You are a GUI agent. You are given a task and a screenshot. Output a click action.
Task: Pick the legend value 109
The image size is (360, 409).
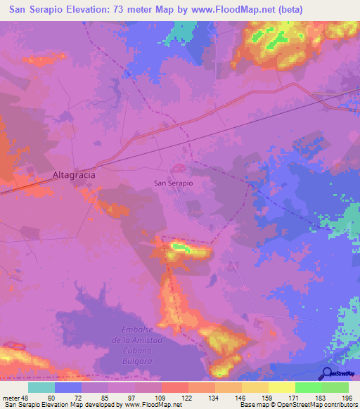(160, 398)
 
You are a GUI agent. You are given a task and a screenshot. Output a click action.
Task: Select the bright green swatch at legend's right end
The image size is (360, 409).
(335, 387)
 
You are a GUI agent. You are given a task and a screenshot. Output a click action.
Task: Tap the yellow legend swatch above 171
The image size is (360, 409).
(281, 387)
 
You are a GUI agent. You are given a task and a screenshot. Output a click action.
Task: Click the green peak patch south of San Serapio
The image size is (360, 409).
(181, 247)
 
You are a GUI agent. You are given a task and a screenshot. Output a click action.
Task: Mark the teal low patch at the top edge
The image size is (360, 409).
(184, 30)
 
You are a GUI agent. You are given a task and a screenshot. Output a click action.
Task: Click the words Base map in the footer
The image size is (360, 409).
(254, 405)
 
